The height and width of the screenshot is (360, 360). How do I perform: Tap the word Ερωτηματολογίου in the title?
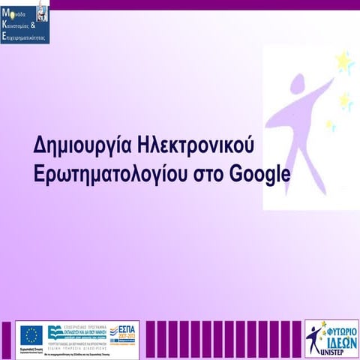[x=113, y=174]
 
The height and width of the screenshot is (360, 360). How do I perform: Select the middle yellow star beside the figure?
[x=344, y=100]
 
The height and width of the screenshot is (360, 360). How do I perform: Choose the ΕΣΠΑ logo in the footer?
[x=124, y=331]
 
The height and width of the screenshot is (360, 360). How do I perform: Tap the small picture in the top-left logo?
[x=41, y=10]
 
